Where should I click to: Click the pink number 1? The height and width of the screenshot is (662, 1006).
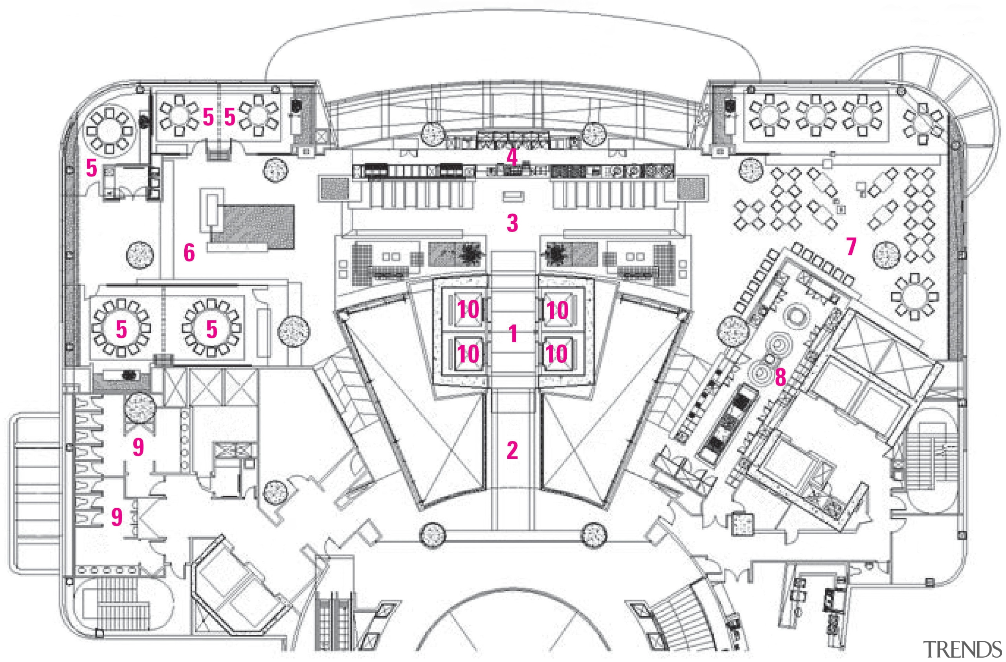(x=513, y=333)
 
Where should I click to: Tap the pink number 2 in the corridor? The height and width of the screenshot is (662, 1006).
(x=512, y=450)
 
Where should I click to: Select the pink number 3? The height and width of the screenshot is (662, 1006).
(x=512, y=223)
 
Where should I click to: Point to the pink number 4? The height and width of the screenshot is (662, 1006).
(x=512, y=157)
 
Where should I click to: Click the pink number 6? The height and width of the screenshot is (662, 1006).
(x=189, y=253)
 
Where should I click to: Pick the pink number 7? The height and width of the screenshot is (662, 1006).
(x=851, y=246)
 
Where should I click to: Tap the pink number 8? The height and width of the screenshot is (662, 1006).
(x=780, y=377)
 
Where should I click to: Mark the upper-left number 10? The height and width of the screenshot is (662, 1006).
(x=468, y=310)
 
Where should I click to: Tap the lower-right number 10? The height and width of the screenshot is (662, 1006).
(x=557, y=353)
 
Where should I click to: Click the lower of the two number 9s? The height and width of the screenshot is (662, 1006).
(x=117, y=517)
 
